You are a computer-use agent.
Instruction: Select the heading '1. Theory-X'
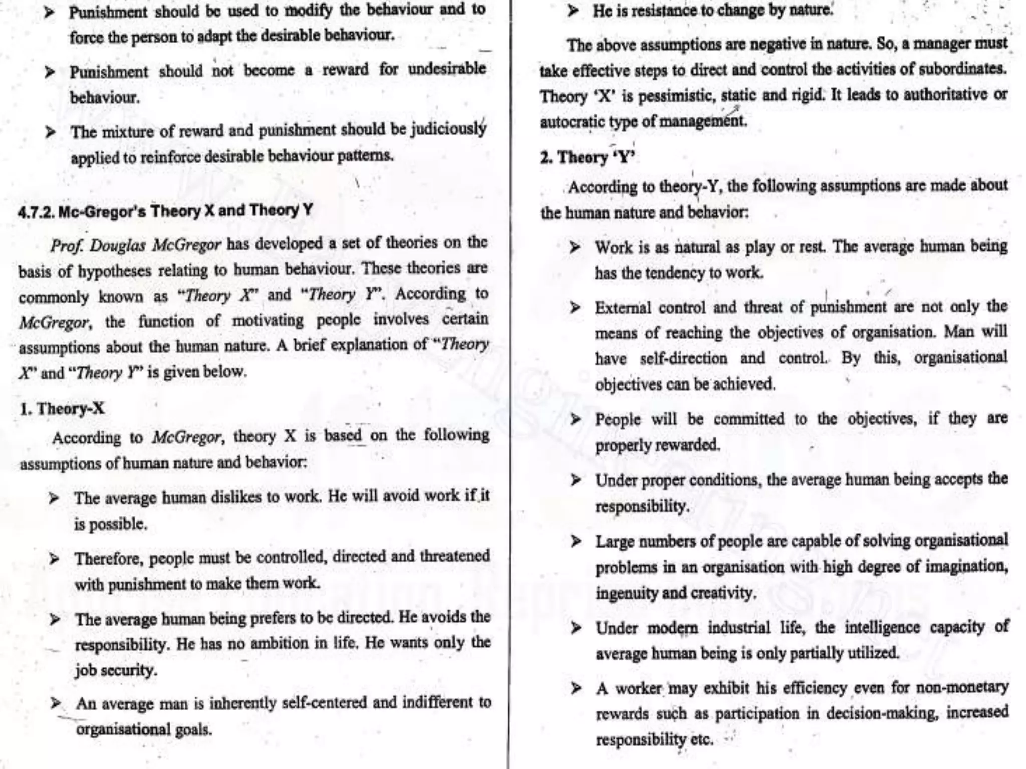62,409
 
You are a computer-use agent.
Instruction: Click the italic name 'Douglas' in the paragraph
119,245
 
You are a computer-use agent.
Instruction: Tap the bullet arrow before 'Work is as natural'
575,248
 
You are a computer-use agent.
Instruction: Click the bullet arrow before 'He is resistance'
573,11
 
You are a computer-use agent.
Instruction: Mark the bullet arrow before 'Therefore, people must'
55,558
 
